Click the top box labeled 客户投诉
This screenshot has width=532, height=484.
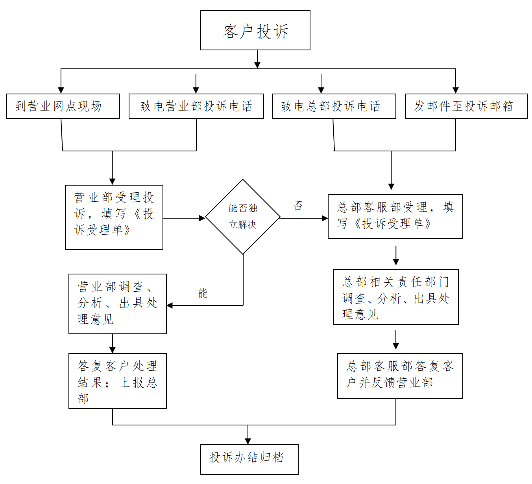[255, 30]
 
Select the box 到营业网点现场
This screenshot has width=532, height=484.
[63, 106]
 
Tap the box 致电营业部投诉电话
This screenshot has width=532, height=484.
[196, 106]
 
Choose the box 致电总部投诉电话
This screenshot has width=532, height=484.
[334, 106]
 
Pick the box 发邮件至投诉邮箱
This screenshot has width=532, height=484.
[466, 106]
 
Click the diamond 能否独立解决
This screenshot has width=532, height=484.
[243, 217]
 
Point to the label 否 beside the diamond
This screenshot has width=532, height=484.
[298, 206]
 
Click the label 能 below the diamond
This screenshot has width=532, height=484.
[203, 293]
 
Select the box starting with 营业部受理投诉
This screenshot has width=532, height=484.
[114, 217]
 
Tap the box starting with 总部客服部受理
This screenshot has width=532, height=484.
[395, 217]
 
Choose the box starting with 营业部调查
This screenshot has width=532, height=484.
[118, 304]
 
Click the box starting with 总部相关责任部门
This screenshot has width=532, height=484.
[396, 297]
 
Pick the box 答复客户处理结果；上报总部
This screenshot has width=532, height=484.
[118, 381]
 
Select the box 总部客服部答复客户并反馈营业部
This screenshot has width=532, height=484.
[400, 376]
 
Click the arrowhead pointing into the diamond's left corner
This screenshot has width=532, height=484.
[202, 218]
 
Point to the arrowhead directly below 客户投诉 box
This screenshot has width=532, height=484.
[257, 65]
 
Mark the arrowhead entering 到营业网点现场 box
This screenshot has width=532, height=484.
[61, 90]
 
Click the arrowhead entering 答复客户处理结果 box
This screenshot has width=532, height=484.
[112, 350]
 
